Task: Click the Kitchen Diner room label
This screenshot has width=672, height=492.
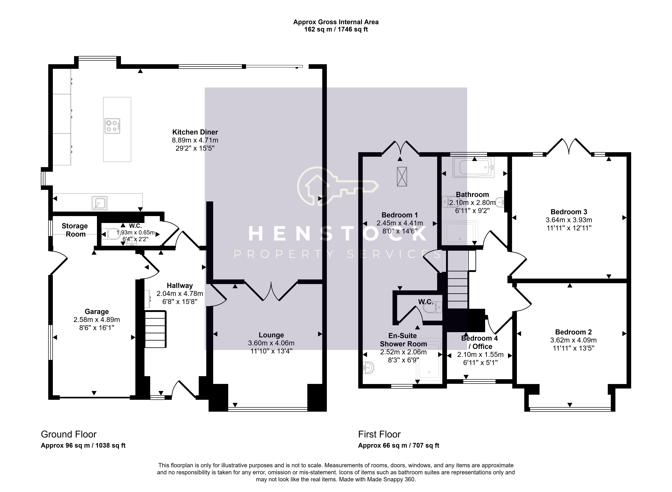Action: click(195, 132)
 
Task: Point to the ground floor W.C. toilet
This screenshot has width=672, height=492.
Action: click(110, 234)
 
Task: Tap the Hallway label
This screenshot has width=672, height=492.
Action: click(180, 286)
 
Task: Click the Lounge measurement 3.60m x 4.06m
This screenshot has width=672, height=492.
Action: click(271, 343)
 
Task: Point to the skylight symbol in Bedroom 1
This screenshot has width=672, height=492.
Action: click(402, 177)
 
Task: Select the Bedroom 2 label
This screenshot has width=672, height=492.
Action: click(573, 332)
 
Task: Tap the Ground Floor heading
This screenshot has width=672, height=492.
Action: click(69, 435)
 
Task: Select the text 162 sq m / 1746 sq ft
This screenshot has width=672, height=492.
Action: click(336, 29)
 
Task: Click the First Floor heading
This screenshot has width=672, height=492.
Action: click(379, 435)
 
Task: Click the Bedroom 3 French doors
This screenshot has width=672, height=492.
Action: click(569, 147)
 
